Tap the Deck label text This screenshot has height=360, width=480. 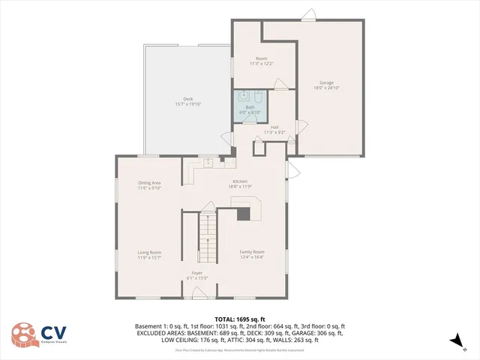click(188, 100)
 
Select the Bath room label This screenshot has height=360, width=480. click(248, 106)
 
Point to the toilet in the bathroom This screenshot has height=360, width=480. click(256, 96)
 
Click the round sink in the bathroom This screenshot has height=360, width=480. click(244, 95)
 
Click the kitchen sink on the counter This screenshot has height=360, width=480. click(208, 161)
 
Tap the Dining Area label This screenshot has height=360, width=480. click(149, 183)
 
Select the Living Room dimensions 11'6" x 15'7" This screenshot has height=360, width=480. click(149, 257)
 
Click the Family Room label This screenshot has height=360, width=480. click(252, 252)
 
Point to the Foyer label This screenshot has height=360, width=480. click(197, 272)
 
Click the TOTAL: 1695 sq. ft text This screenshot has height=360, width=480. click(239, 319)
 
